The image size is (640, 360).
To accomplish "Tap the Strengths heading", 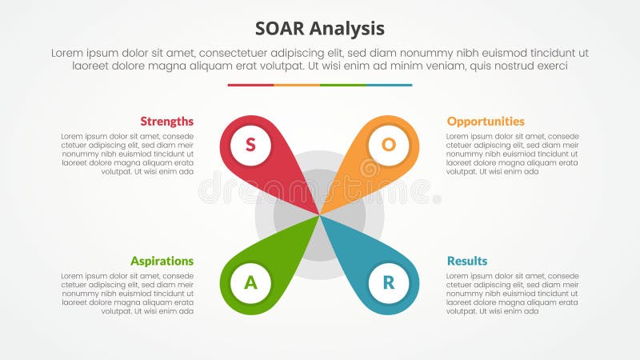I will tap(166, 122).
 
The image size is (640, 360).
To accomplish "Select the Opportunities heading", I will tap(486, 122).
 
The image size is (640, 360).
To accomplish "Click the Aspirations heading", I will tap(162, 261).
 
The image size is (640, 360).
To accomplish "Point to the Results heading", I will tap(467, 261).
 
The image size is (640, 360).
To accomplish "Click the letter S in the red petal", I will tap(250, 145).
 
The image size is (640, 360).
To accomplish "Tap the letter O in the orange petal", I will tap(389, 145).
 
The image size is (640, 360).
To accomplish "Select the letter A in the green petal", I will tap(250, 282).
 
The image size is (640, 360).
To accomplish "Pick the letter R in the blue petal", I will tap(389, 282).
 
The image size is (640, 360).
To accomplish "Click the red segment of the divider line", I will tap(250, 85).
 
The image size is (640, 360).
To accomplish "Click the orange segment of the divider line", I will tap(297, 85).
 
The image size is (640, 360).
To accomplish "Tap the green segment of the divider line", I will tap(343, 85).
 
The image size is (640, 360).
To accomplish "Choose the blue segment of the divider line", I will tap(390, 85).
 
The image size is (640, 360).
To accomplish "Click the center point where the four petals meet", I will tap(320, 214).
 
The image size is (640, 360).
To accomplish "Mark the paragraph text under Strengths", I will tap(128, 154).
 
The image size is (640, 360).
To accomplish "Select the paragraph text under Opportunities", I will tap(512, 154).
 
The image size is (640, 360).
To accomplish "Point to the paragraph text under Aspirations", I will tap(128, 293).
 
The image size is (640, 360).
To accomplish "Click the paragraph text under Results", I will tap(512, 293).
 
